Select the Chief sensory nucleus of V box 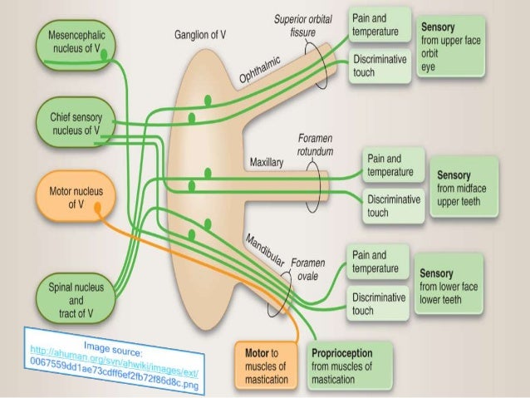[74, 122]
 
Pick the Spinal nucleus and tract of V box [75, 296]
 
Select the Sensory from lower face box [453, 285]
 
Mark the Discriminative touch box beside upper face [379, 66]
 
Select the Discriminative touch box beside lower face [379, 303]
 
